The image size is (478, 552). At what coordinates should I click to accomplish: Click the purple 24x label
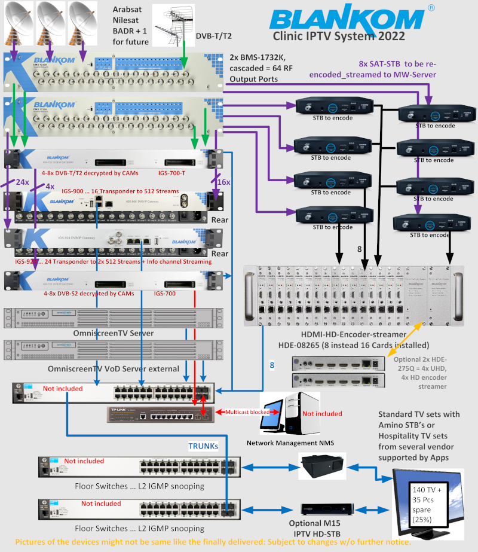(x=22, y=182)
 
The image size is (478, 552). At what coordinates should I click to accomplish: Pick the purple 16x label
(x=222, y=182)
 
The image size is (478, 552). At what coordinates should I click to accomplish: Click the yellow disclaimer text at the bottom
(x=213, y=542)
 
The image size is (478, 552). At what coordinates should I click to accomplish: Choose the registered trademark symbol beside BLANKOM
(x=415, y=8)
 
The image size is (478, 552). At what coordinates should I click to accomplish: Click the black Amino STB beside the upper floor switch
(x=323, y=464)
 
